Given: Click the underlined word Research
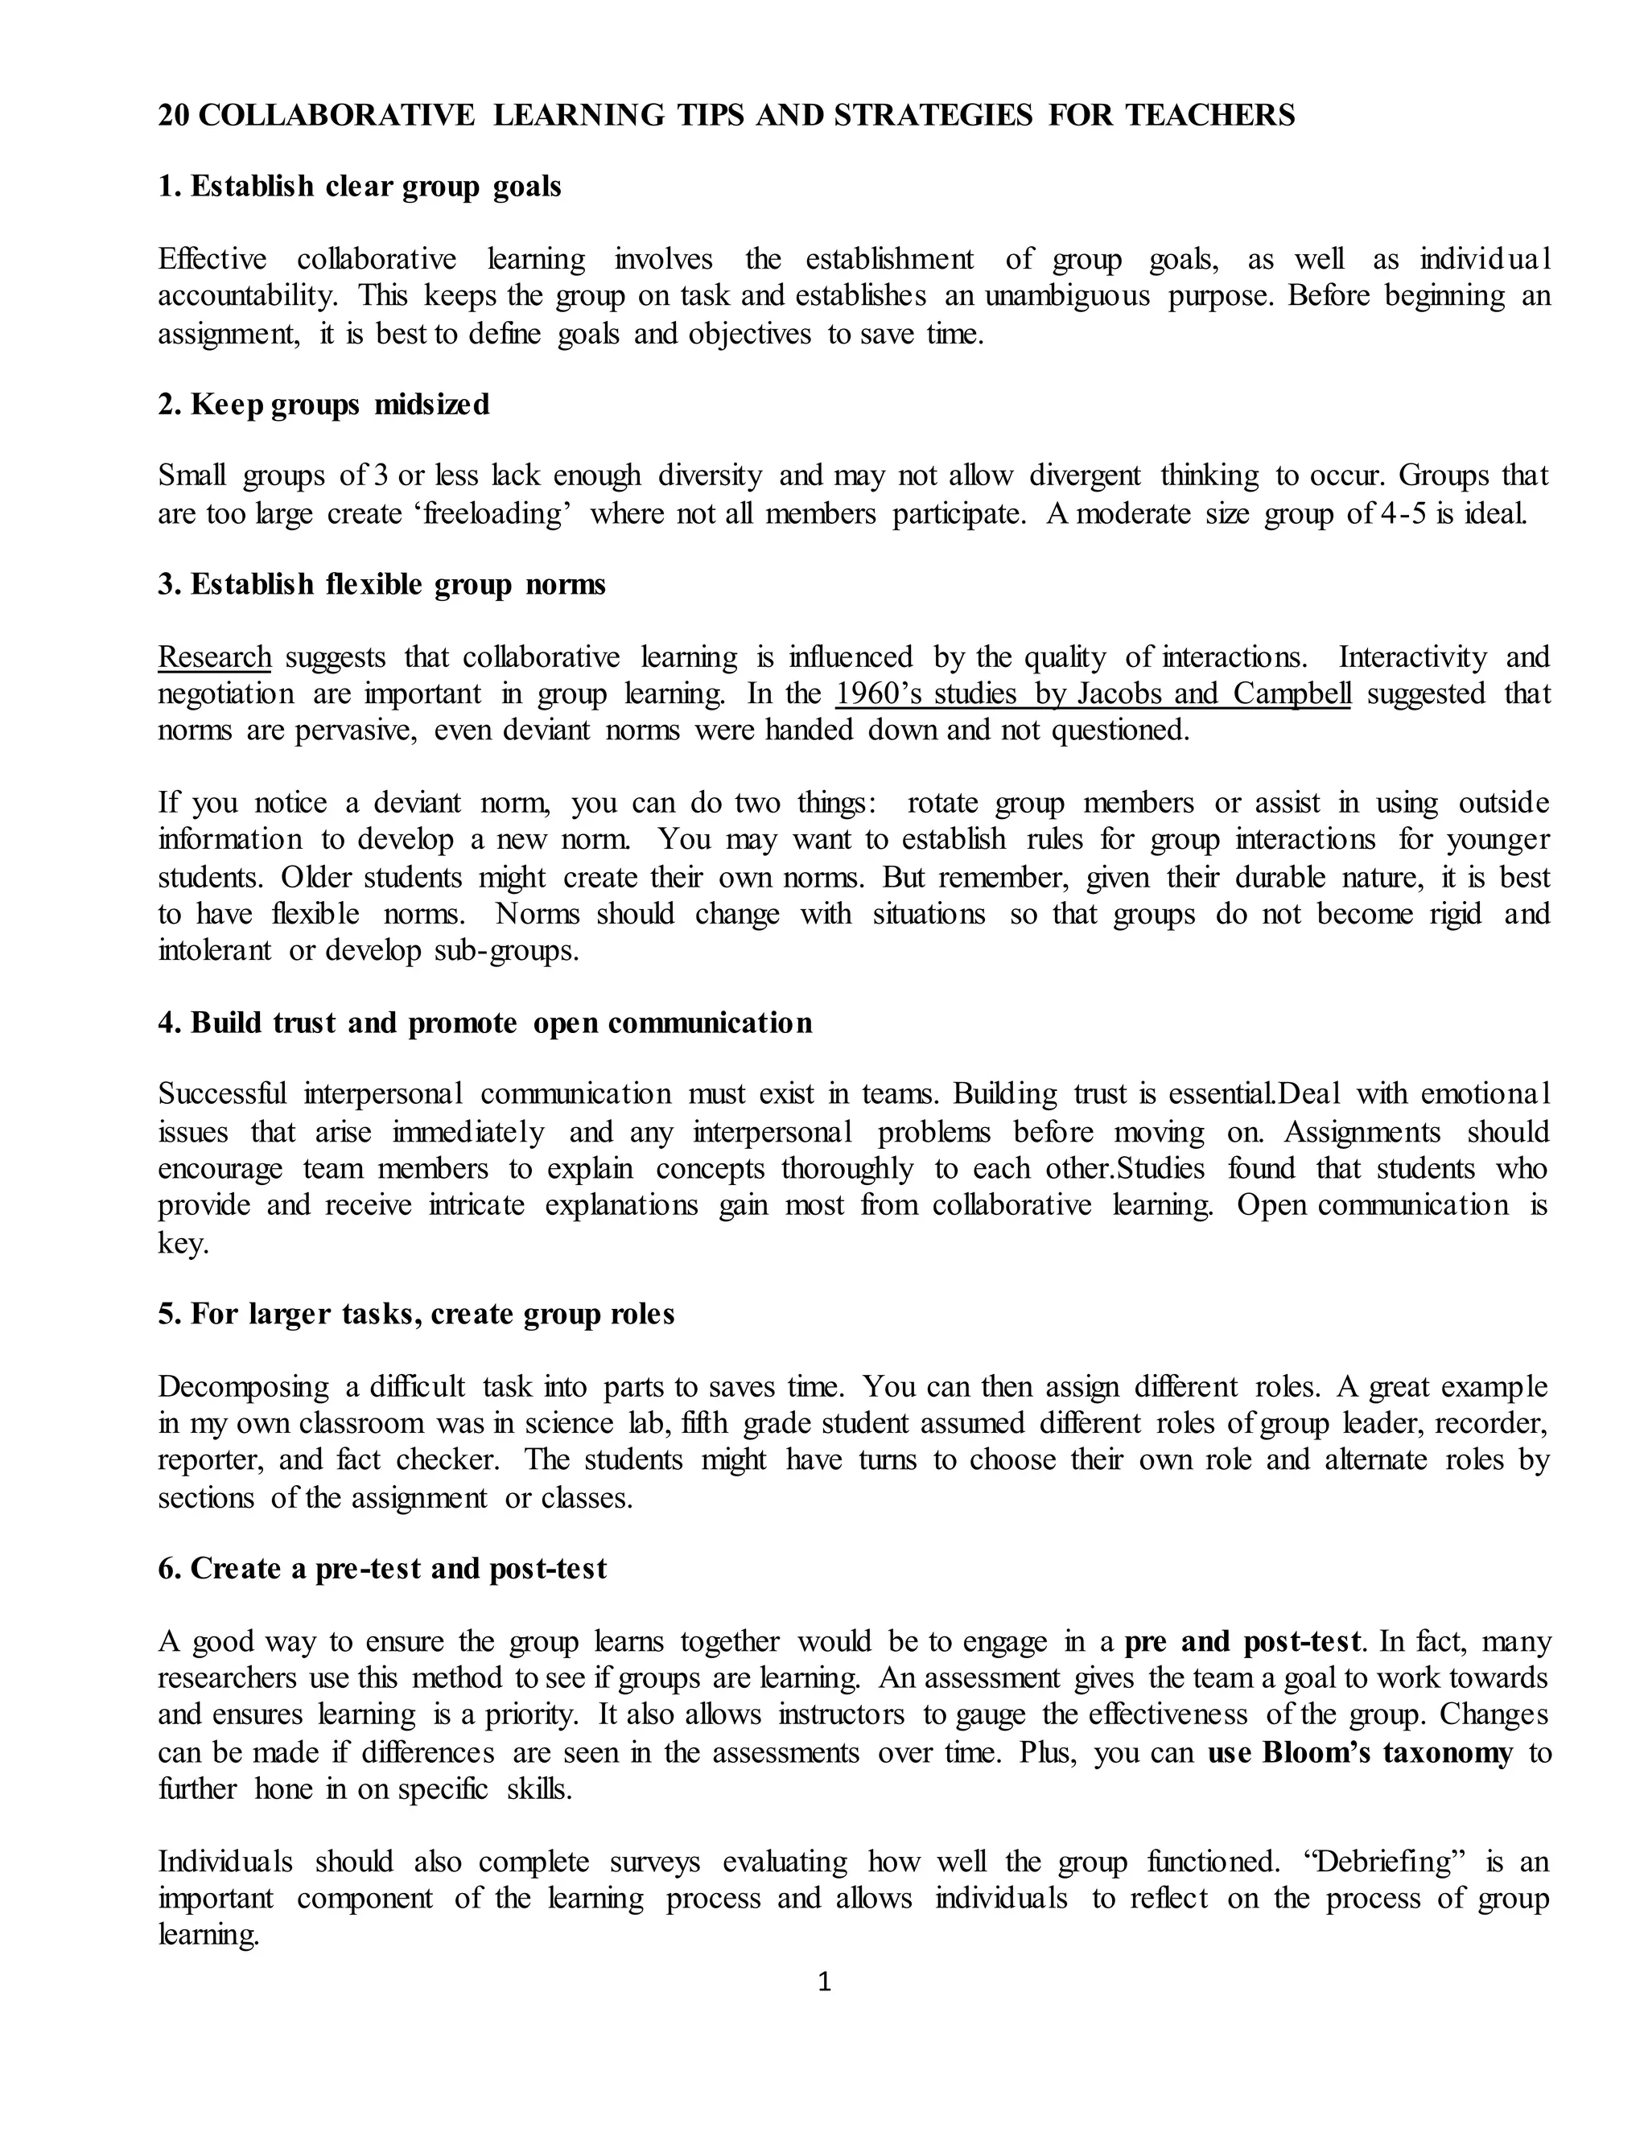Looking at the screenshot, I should click(215, 657).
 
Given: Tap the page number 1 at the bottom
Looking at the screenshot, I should click(824, 1982).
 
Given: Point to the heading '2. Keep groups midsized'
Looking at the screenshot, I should click(324, 404).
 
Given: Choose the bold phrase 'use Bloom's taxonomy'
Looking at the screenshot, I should click(1360, 1752).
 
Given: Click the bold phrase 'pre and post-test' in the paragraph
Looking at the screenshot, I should click(1242, 1642).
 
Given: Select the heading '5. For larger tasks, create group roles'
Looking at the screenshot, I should click(417, 1314).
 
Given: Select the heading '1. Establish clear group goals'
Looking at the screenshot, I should click(360, 187).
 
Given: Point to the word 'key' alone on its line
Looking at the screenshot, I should click(183, 1243).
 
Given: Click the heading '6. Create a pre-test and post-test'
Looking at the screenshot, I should click(383, 1569).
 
